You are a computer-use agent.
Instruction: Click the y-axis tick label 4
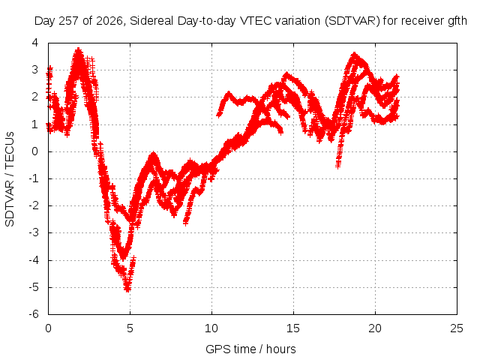[35, 43]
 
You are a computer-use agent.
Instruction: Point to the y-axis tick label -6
[34, 314]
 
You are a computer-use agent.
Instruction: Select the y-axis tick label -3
[34, 232]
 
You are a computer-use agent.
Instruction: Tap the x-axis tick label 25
[457, 328]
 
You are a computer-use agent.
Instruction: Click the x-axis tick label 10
[211, 328]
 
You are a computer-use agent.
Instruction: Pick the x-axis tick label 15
[293, 328]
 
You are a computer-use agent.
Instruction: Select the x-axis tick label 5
[130, 328]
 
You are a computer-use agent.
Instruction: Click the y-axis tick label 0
[35, 151]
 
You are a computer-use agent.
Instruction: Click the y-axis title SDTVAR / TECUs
[10, 179]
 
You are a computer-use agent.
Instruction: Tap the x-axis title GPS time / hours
[250, 349]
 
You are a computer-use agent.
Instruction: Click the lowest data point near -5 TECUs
[127, 289]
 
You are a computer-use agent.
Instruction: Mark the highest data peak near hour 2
[79, 50]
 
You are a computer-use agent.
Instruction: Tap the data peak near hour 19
[355, 55]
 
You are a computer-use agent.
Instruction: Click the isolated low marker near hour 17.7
[338, 166]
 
